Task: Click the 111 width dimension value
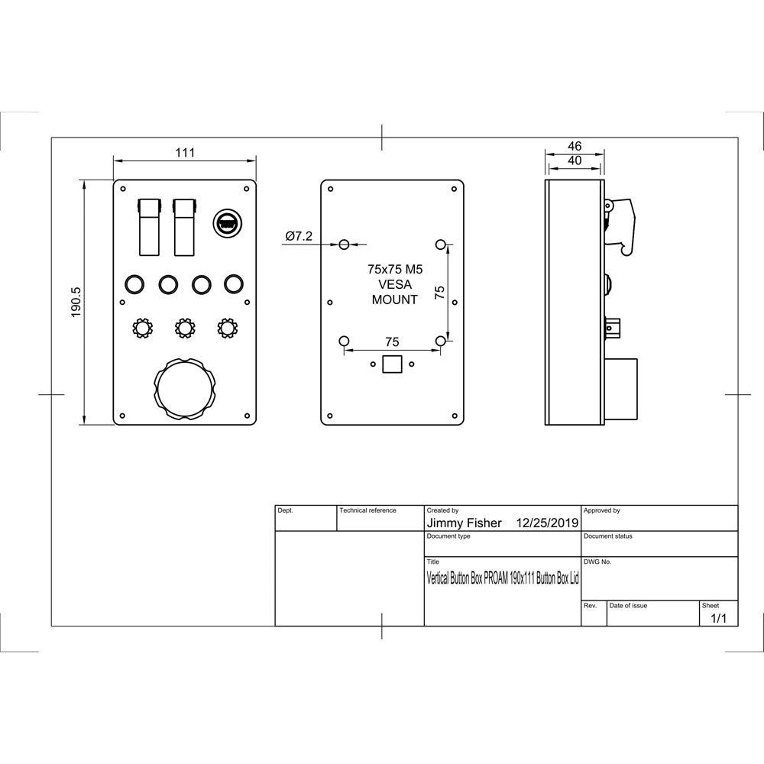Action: click(x=184, y=152)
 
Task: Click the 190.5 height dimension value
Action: click(x=76, y=302)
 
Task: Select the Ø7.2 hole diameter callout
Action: click(x=299, y=237)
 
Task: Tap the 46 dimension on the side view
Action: click(x=575, y=145)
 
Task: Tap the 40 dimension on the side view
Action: click(x=575, y=160)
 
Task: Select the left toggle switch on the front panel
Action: click(x=149, y=226)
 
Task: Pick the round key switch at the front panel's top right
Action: click(x=227, y=224)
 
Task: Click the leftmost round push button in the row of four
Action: click(x=133, y=285)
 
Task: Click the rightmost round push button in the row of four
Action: click(x=234, y=285)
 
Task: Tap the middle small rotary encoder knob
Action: click(x=183, y=329)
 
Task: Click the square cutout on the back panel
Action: click(x=392, y=364)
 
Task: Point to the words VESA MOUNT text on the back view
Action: click(x=394, y=292)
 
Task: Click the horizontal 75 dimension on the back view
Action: click(x=392, y=342)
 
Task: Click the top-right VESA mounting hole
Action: click(x=441, y=244)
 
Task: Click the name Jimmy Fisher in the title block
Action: click(x=464, y=523)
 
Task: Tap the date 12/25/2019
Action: click(x=548, y=523)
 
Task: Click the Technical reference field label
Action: click(x=367, y=510)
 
